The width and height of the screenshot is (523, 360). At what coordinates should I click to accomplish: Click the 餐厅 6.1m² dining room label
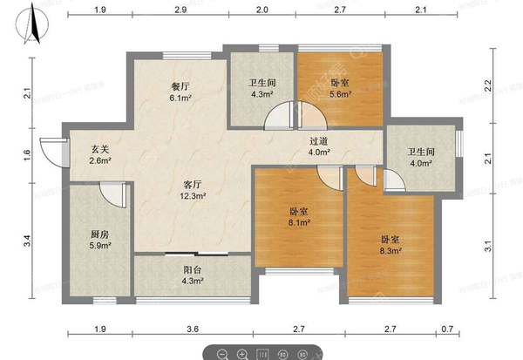pos(180,92)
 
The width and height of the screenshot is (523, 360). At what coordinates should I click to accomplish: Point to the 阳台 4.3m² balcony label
pos(191,275)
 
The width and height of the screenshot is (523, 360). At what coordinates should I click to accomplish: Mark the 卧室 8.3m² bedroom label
pos(391,244)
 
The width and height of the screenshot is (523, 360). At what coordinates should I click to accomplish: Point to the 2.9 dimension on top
pos(180,9)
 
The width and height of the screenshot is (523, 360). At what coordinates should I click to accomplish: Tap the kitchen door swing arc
pos(112,192)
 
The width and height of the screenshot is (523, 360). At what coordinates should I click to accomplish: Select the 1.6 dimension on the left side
pos(28,154)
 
